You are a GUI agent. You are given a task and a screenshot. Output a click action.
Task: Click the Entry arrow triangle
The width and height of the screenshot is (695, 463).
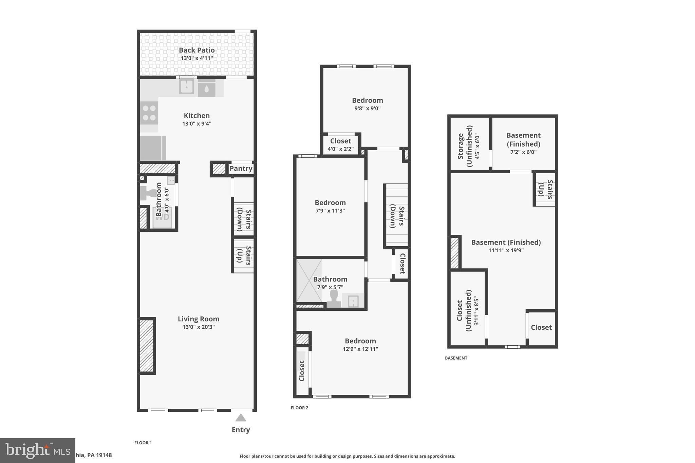[x=241, y=418]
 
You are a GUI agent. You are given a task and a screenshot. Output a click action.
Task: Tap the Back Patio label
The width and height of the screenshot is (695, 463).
[x=196, y=50]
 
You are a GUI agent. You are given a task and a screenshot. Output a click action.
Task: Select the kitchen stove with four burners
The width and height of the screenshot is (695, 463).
[x=149, y=113]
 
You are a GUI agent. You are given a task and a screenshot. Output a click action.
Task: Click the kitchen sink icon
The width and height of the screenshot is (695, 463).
[x=186, y=87]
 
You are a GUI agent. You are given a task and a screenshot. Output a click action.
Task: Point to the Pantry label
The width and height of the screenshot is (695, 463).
[x=241, y=169]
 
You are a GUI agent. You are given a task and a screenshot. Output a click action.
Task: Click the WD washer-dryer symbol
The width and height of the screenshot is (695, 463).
[x=163, y=217]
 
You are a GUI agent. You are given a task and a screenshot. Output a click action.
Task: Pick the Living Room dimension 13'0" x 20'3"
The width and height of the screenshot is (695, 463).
[x=199, y=327]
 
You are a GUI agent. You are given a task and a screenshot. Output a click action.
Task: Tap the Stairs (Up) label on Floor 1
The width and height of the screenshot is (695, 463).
[x=244, y=255]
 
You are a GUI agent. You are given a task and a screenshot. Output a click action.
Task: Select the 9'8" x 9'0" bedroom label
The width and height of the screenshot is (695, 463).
[x=367, y=100]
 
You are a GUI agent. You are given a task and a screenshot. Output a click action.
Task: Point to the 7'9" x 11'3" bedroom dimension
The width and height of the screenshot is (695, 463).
[x=330, y=211]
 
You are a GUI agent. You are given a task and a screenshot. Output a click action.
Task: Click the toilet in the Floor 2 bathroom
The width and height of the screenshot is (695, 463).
[x=334, y=299]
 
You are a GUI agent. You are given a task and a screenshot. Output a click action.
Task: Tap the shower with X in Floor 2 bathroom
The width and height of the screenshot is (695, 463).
[x=309, y=281]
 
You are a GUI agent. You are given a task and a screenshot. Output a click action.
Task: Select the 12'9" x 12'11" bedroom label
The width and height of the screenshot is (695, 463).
[x=360, y=341]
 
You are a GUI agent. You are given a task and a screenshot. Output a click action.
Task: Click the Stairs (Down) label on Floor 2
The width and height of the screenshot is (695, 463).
[x=397, y=216]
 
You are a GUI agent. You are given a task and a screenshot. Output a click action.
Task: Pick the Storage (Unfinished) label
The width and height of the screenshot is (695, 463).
[x=465, y=146]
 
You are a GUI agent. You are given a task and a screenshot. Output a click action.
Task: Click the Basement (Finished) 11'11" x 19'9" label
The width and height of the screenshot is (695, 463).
[x=506, y=243]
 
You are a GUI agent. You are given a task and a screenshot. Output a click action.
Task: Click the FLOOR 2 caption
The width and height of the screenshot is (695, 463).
[x=299, y=408]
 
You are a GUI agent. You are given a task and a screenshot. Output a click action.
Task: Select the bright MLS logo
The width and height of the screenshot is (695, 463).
[x=37, y=450]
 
